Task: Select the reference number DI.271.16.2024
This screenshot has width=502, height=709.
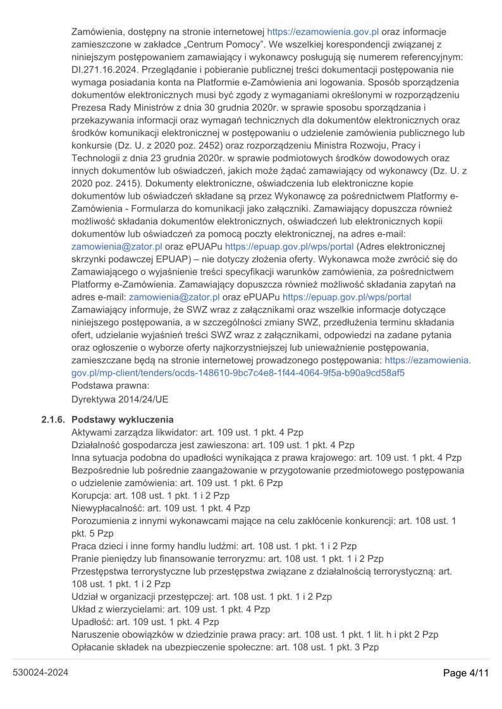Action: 109,70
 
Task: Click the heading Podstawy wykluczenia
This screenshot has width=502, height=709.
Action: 123,420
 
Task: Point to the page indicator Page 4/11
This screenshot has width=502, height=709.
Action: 466,673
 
